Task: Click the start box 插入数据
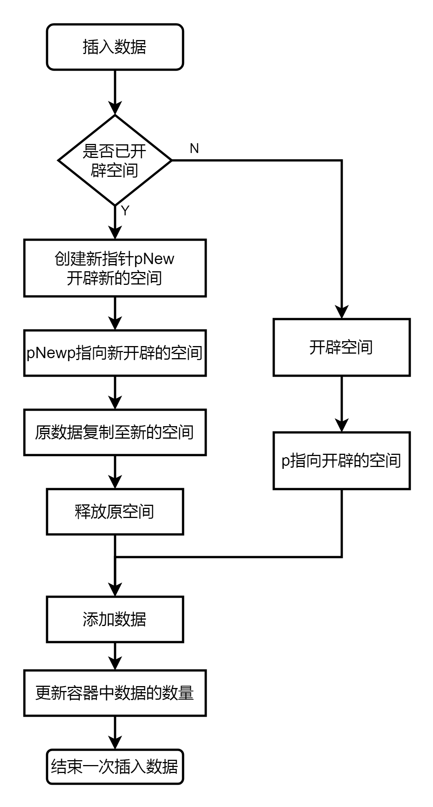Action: point(115,47)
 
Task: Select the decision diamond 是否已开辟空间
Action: point(115,160)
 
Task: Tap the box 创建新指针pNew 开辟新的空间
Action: point(115,268)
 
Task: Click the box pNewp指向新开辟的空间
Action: point(115,353)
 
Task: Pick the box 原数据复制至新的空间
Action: point(115,432)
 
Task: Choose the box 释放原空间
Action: point(115,512)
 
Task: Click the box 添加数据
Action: point(115,619)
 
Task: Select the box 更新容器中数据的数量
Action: point(115,693)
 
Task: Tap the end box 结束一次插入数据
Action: point(115,767)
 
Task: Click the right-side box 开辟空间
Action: point(342,347)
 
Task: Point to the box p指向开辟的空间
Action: point(342,461)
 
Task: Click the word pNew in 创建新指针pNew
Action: point(154,259)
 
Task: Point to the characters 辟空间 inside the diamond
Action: point(114,170)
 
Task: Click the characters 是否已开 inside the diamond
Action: point(114,152)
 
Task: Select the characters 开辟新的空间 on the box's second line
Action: point(114,278)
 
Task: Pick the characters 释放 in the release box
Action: point(91,512)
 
